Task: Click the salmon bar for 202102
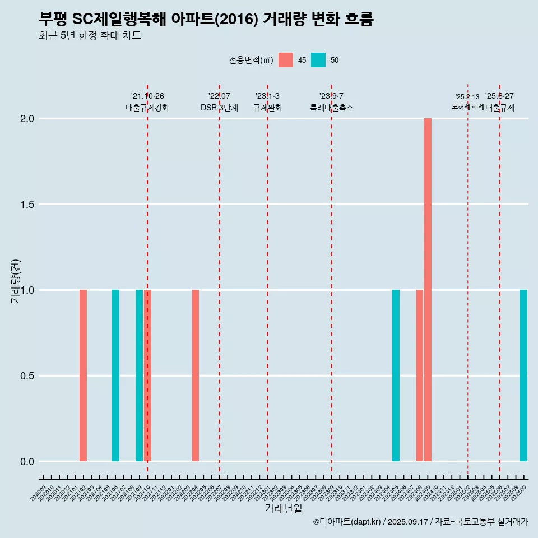[83, 375]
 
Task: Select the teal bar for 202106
[115, 375]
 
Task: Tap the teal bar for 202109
[140, 375]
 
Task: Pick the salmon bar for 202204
[196, 375]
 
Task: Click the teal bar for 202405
[396, 375]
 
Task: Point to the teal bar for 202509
[523, 375]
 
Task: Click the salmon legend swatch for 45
[286, 60]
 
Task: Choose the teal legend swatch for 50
[318, 60]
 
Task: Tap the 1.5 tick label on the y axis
[26, 205]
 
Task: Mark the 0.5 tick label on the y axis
[26, 376]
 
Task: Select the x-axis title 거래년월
[283, 508]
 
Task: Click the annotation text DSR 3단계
[219, 108]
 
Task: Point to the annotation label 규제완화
[267, 108]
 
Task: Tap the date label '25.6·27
[499, 96]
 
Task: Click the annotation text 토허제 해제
[467, 106]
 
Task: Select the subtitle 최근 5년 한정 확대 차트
[90, 36]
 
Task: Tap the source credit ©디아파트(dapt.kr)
[347, 522]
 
